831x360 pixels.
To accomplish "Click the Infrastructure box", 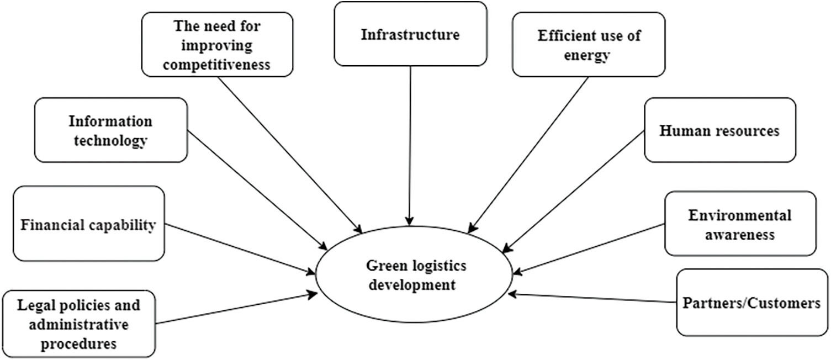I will tap(410, 34).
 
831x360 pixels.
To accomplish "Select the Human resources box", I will tap(719, 130).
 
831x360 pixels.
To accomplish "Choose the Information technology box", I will tap(110, 130).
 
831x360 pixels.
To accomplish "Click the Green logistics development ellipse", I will tap(416, 275).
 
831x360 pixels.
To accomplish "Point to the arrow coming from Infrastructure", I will tap(410, 144).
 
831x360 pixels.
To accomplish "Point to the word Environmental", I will tap(739, 215).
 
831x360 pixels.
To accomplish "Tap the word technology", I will tap(110, 140).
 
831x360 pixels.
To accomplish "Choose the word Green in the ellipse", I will tap(382, 266).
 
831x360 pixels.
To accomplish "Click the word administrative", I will tap(78, 324).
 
